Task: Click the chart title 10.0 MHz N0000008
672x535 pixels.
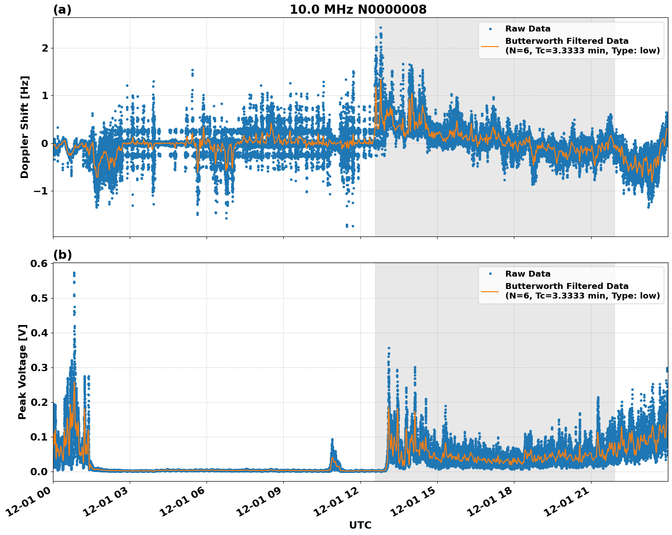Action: (x=358, y=10)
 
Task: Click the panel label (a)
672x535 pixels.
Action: (x=62, y=10)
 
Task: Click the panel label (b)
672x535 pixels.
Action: (x=62, y=255)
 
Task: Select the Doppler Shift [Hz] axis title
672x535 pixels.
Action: (x=25, y=127)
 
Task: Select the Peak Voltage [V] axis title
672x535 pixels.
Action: (x=22, y=372)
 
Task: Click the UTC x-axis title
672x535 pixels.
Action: (x=360, y=525)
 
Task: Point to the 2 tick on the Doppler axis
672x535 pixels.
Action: (x=45, y=48)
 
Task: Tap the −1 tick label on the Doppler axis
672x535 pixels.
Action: (x=41, y=191)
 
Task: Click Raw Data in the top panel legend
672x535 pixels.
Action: (x=528, y=29)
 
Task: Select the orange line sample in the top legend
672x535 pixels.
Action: (x=490, y=46)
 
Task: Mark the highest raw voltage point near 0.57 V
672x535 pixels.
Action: (x=74, y=273)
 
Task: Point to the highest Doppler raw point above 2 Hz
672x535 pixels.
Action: (x=381, y=28)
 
